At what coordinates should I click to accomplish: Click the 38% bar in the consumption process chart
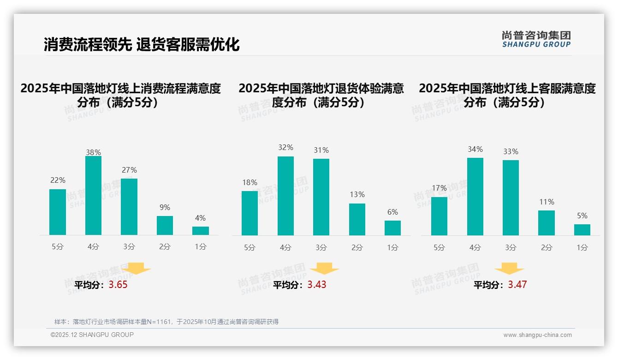coord(93,196)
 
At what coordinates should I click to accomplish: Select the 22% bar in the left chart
coord(58,212)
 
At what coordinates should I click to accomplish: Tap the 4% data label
coord(200,218)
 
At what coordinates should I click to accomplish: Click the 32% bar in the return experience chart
coord(285,196)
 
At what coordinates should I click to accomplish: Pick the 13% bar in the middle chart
coord(357,220)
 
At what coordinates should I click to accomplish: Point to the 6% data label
coord(392,212)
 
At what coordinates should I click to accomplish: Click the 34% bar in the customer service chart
coord(475,197)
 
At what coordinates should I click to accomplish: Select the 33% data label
coord(511,152)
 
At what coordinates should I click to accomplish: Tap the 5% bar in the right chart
coord(582,230)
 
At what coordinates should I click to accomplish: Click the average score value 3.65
coord(118,285)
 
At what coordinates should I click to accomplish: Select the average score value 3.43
coord(317,285)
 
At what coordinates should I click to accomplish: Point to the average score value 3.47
coord(517,285)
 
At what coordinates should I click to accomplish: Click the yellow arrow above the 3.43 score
coord(324,269)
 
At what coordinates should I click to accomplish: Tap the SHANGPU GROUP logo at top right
coord(536,39)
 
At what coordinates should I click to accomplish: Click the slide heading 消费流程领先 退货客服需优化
coord(142,45)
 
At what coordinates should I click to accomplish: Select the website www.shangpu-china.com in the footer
coord(537,335)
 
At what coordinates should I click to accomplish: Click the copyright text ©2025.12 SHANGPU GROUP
coord(92,335)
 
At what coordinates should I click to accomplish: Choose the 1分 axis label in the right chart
coord(582,248)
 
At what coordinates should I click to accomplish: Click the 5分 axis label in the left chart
coord(58,247)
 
